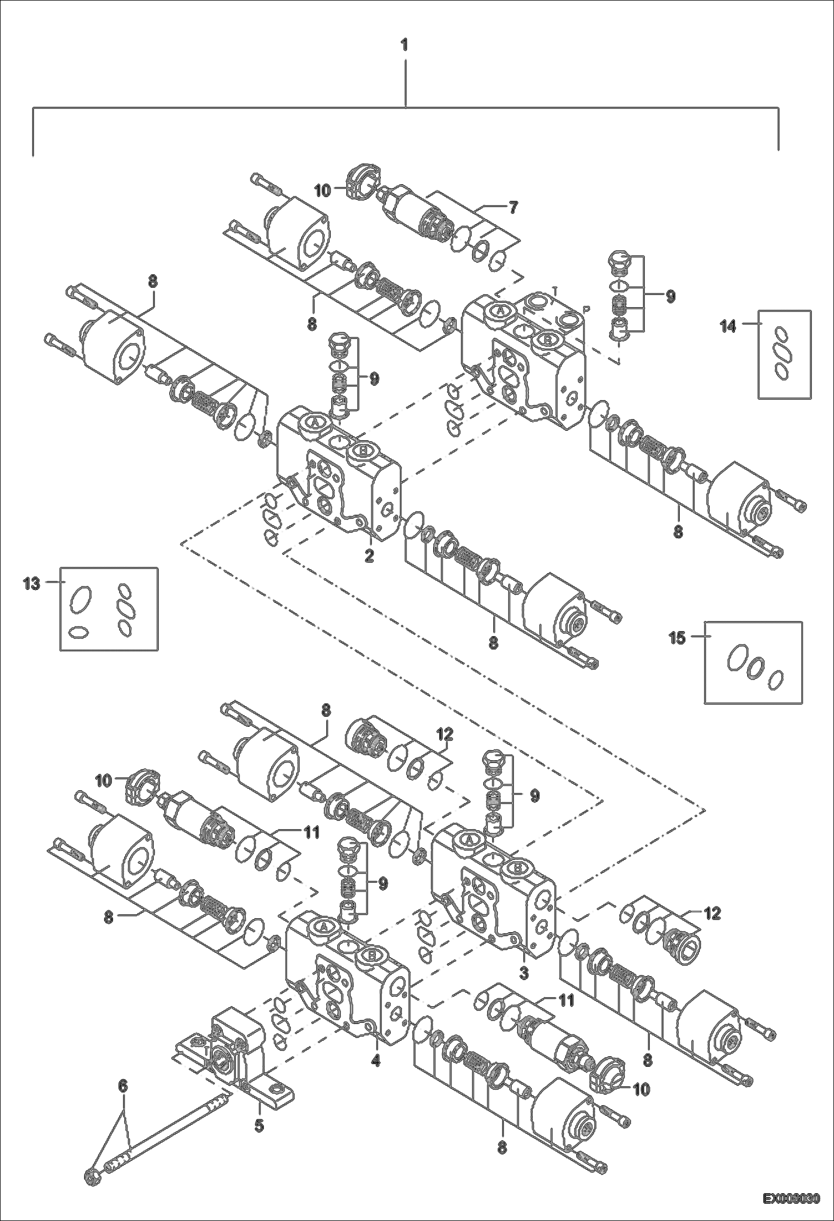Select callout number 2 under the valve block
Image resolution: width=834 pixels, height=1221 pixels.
[x=369, y=555]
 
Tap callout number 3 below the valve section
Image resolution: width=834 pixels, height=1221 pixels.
[x=524, y=973]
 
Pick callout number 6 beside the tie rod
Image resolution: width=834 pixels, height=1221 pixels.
[x=123, y=1086]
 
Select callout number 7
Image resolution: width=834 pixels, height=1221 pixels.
[x=512, y=208]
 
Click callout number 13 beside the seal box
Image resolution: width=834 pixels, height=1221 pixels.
[x=32, y=584]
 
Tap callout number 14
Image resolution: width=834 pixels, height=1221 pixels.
[x=728, y=327]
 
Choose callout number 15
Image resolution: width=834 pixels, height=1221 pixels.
[x=677, y=638]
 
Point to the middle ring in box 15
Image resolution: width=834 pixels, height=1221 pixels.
[x=755, y=668]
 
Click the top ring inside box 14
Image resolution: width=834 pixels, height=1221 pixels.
[x=782, y=335]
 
